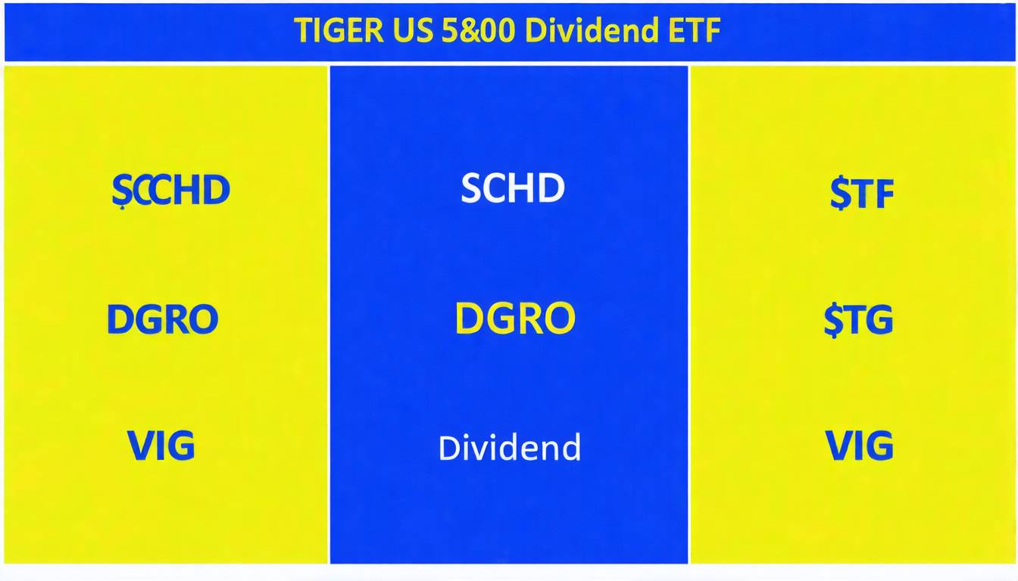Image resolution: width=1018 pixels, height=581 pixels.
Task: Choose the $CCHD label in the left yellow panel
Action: point(170,190)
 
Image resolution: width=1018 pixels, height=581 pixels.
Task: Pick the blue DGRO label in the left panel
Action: point(162,319)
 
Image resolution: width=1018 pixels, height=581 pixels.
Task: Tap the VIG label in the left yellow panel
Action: point(161,446)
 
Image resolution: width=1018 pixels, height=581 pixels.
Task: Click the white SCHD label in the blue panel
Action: point(513,188)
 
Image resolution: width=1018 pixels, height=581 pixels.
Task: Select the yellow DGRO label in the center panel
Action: point(514,318)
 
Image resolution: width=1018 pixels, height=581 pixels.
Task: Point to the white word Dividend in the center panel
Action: point(509,447)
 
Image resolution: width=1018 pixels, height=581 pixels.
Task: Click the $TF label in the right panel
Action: point(861,194)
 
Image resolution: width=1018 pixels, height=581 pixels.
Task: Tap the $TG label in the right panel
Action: point(858,320)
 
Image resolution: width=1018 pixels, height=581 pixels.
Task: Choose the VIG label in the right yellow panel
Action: point(859,446)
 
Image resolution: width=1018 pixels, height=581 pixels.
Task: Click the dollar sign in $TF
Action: point(838,194)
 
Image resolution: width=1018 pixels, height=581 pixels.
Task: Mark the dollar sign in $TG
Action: point(833,320)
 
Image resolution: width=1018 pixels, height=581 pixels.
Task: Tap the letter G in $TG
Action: point(879,320)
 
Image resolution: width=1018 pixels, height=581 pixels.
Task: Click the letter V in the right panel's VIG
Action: point(838,446)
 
